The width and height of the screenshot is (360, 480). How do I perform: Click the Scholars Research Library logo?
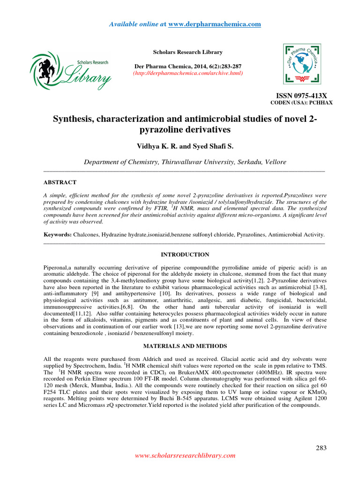[x=71, y=71]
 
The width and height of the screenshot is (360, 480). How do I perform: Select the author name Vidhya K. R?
[x=154, y=147]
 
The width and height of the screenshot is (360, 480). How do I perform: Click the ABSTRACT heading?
[x=60, y=182]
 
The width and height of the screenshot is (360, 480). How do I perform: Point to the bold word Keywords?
[x=57, y=234]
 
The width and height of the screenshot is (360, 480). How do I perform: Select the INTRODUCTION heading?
[x=185, y=255]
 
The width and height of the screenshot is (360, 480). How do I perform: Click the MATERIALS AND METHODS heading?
[x=185, y=346]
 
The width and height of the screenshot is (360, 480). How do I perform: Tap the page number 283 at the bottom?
[x=320, y=448]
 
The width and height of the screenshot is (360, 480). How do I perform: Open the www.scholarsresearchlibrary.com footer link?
[x=185, y=455]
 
